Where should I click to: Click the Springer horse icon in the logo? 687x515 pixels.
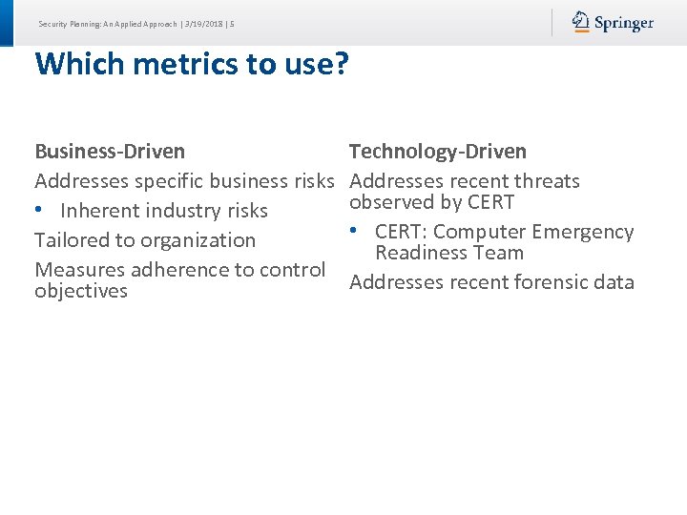coord(581,22)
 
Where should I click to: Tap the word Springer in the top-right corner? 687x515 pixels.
coord(624,23)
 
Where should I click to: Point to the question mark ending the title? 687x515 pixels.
coord(340,64)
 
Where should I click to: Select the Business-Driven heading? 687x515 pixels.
coord(110,151)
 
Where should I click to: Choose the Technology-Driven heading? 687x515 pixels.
coord(438,151)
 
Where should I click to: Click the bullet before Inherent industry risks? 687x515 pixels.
coord(39,210)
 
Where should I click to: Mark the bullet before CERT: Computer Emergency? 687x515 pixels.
coord(354,232)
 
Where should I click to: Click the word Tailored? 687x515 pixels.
coord(71,240)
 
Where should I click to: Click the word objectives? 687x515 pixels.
coord(81,291)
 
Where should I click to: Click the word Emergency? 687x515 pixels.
coord(582,232)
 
